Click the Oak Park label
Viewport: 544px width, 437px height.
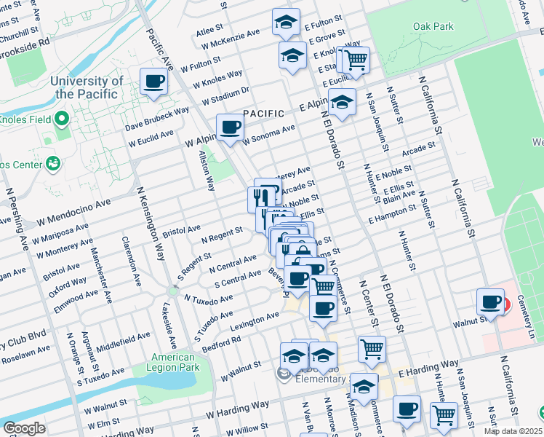click(x=433, y=27)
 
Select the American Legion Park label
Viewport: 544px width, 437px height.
click(x=174, y=363)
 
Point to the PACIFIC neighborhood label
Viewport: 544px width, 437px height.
click(x=263, y=114)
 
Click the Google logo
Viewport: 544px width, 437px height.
click(x=24, y=428)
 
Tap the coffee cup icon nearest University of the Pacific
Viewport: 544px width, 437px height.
click(x=153, y=82)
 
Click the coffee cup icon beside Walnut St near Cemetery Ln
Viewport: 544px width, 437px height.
click(x=491, y=301)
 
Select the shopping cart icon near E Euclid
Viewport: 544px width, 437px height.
click(x=355, y=61)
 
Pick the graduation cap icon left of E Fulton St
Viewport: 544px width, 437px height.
click(x=286, y=22)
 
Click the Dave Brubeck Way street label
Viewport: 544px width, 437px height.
click(x=156, y=119)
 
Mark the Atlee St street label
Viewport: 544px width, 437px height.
click(x=209, y=31)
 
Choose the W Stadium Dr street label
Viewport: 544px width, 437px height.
click(x=225, y=95)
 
